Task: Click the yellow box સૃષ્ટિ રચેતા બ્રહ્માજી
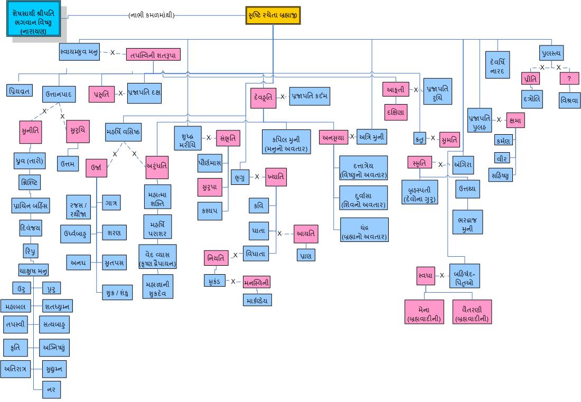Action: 273,16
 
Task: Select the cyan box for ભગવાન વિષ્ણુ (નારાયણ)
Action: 33,21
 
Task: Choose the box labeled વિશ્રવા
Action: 569,100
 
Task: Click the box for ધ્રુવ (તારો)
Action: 30,160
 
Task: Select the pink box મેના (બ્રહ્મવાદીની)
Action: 424,312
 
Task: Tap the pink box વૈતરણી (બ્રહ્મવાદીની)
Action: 472,312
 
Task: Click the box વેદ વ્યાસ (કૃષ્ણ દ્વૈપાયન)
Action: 157,257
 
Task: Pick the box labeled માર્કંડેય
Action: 257,300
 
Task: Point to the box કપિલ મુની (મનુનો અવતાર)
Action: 286,142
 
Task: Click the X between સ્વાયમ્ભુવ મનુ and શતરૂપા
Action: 113,53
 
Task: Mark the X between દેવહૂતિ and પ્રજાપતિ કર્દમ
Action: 283,97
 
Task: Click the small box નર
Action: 52,389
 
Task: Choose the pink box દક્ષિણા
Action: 396,112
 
